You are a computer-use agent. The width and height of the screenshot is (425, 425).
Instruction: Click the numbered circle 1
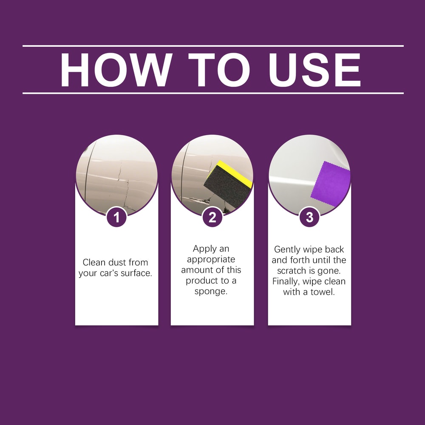pyautogui.click(x=117, y=218)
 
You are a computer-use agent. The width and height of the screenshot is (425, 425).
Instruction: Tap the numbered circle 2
pyautogui.click(x=212, y=218)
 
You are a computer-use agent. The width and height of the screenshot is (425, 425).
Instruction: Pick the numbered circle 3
pyautogui.click(x=309, y=218)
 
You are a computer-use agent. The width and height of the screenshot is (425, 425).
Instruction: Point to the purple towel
pyautogui.click(x=331, y=181)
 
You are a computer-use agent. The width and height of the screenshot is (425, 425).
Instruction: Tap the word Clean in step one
pyautogui.click(x=94, y=262)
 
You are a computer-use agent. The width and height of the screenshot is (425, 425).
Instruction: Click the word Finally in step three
pyautogui.click(x=287, y=281)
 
